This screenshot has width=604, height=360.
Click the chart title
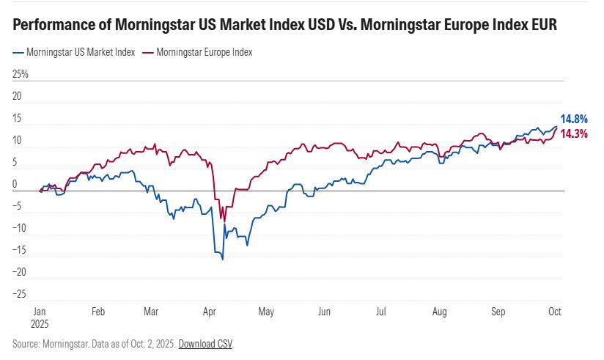click(285, 25)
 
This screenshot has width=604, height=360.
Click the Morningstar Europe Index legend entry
click(199, 53)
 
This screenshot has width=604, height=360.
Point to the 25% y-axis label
click(21, 74)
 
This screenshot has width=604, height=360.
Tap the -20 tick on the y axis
click(21, 272)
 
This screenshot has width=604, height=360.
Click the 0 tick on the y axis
click(16, 184)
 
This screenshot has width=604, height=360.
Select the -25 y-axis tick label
click(21, 294)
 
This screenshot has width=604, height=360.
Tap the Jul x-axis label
click(380, 312)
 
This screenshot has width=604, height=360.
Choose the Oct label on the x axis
click(554, 312)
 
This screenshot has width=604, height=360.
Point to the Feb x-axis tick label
click(97, 312)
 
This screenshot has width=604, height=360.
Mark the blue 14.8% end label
click(574, 119)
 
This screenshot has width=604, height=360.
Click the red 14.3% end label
click(574, 133)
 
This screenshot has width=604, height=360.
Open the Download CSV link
click(205, 344)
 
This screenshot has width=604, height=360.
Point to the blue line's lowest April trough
click(222, 259)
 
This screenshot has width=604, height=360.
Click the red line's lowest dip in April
click(224, 221)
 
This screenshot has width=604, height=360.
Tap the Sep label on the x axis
click(498, 312)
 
